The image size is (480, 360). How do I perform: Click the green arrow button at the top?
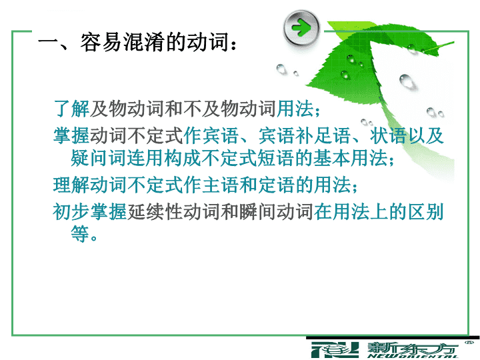point(301,28)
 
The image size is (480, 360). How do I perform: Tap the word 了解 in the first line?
point(71,109)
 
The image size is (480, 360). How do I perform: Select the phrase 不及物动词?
point(229,109)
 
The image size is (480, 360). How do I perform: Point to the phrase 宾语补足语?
point(304,135)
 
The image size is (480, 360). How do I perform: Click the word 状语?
point(388,135)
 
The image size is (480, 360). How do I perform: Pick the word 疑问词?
point(98,158)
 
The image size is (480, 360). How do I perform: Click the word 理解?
point(71,185)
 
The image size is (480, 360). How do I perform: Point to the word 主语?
point(221,185)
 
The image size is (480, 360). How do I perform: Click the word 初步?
point(71,212)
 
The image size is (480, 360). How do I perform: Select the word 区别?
point(425,212)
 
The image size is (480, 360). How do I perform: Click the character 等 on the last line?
point(80,234)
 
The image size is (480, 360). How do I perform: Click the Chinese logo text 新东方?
point(413,348)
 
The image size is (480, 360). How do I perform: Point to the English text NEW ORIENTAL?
point(413,356)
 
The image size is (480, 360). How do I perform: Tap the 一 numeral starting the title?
point(48,42)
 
